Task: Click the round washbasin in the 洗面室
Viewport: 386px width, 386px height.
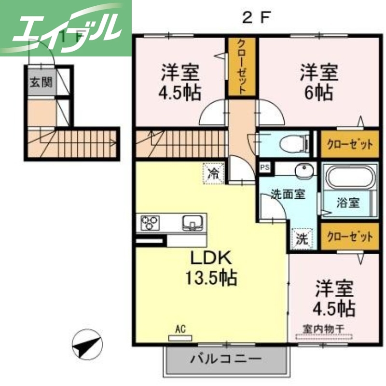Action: [x=303, y=170]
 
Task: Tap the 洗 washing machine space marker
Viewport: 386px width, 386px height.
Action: [x=302, y=238]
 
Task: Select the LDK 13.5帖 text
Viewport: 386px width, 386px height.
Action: [x=211, y=267]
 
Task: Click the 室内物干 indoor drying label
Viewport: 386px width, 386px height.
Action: [x=323, y=329]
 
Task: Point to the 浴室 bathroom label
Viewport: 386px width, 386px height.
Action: [x=347, y=203]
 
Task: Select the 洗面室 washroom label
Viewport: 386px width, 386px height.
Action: [x=288, y=194]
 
